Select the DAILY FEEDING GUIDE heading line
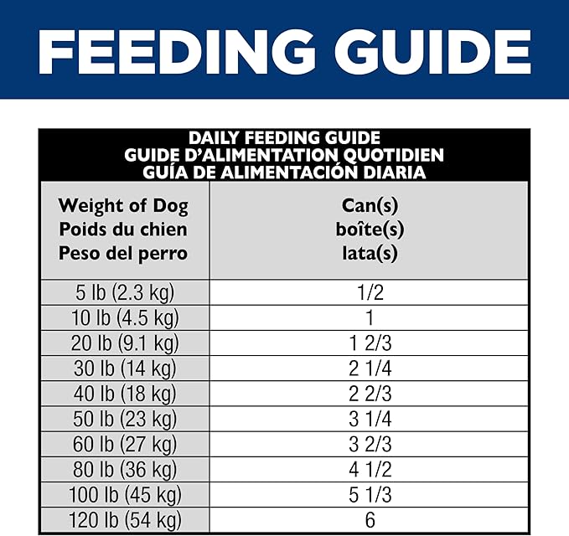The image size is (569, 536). pos(284,138)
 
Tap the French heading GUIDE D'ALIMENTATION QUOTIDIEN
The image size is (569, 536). pos(284,155)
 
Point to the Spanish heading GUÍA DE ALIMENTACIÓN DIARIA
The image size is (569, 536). pos(284,173)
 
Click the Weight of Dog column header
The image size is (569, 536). pos(123,206)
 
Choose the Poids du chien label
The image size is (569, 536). pos(123,229)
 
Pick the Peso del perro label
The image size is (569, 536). pos(123,253)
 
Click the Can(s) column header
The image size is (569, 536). pos(370,206)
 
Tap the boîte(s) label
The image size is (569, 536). pos(370,229)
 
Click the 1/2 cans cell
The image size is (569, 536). pos(370,292)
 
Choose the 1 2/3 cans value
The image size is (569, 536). pos(370,343)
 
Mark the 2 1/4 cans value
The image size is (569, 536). pos(370,368)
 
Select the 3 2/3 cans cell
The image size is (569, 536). pos(370,444)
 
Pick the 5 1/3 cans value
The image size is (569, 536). pos(370,494)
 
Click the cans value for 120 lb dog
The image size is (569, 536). pos(370,519)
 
